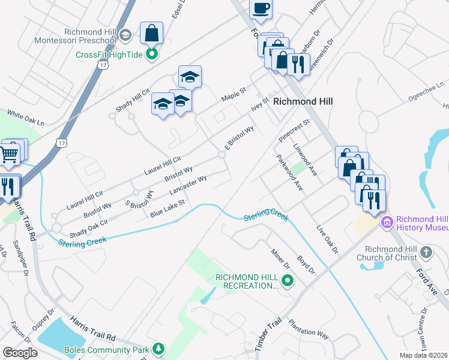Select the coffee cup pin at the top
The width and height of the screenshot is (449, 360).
(261, 8)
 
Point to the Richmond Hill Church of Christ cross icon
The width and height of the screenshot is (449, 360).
(426, 252)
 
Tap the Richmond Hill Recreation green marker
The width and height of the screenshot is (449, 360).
(288, 280)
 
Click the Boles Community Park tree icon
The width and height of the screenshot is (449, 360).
(158, 349)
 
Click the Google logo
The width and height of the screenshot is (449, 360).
(20, 353)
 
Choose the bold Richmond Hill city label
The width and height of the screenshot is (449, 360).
(303, 102)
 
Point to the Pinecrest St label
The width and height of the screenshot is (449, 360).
(294, 130)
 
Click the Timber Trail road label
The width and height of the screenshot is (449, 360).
(268, 335)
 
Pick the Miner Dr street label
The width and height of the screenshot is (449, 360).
(280, 259)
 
